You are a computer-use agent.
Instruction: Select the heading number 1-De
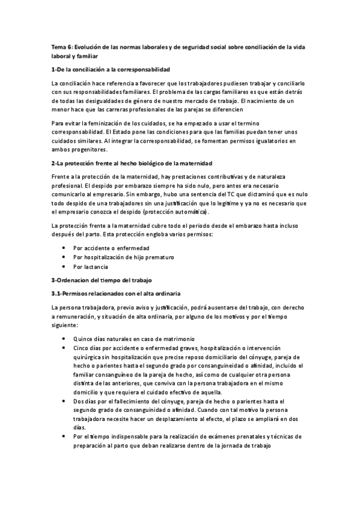pyautogui.click(x=59, y=69)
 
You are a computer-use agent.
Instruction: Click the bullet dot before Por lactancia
pyautogui.click(x=64, y=266)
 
